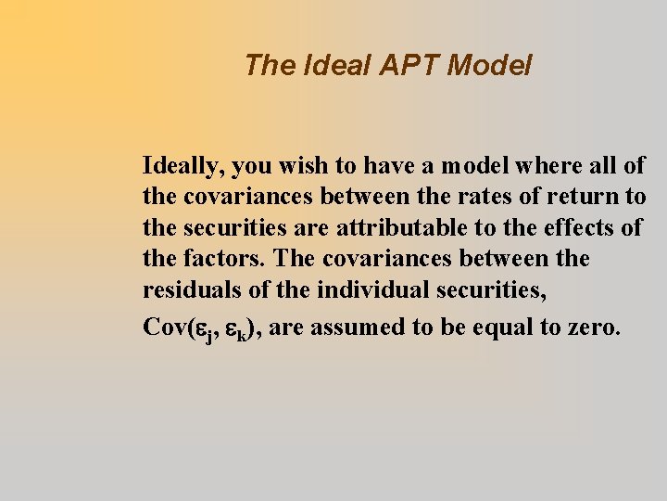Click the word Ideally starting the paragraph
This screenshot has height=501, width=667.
click(183, 167)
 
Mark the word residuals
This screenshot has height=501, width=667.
click(191, 289)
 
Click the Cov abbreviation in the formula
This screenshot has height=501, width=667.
click(166, 327)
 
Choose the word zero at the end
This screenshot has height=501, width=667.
click(592, 327)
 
